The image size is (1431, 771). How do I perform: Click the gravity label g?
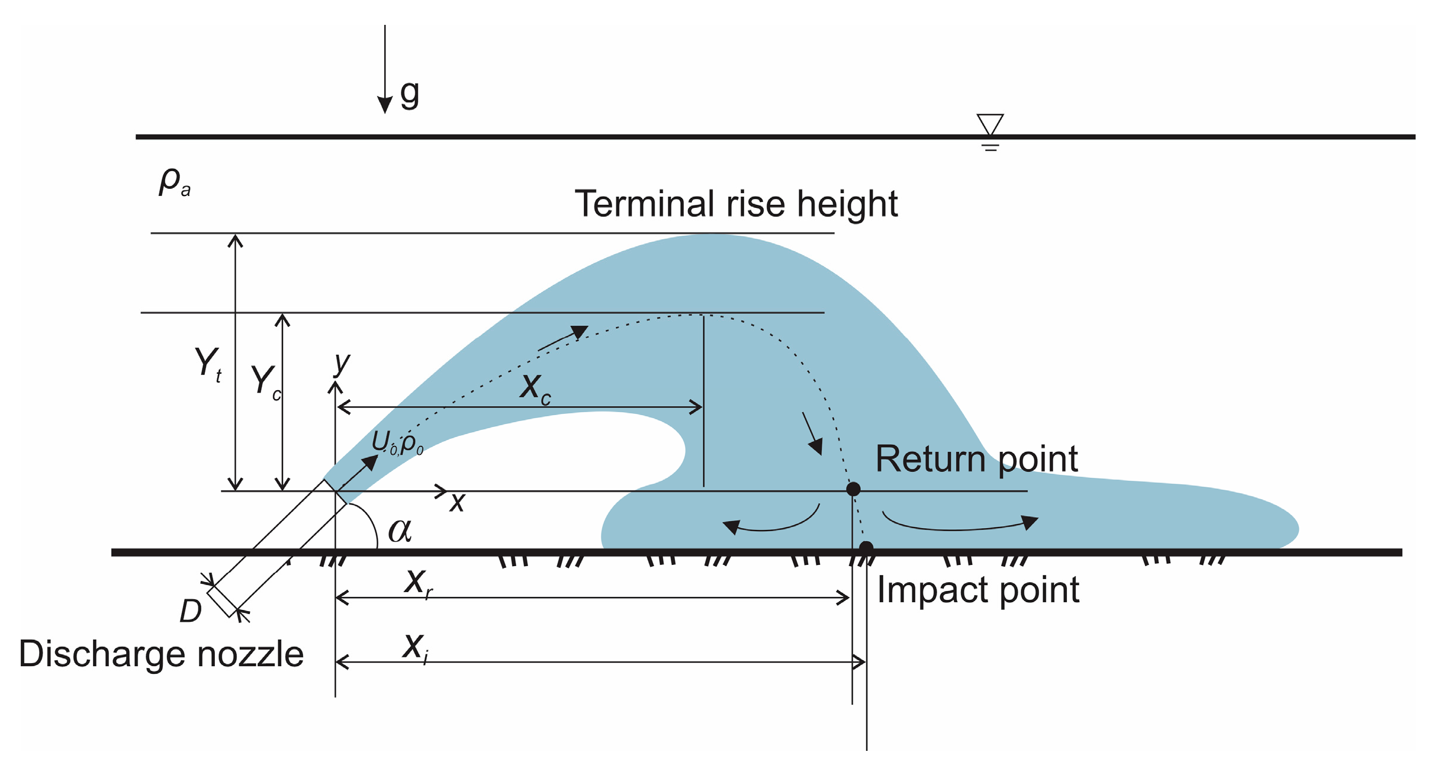coord(410,94)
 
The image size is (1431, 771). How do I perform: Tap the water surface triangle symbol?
coord(990,124)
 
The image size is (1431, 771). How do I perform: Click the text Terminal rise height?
coord(736,204)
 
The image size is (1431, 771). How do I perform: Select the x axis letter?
coord(457,502)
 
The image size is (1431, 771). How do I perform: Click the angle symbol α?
coord(400,531)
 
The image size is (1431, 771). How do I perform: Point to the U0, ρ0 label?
coord(397,443)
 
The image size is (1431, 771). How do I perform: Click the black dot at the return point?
coord(853,489)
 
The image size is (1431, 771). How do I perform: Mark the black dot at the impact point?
coord(866,548)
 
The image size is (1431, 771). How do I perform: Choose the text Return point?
coord(976,459)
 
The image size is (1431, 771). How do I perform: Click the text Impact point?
coord(977,590)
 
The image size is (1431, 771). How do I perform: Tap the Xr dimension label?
coord(418,583)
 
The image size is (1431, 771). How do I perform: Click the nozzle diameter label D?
coord(191,612)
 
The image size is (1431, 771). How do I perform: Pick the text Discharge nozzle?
coord(161,654)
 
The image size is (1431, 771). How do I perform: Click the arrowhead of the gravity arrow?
coord(385,105)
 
